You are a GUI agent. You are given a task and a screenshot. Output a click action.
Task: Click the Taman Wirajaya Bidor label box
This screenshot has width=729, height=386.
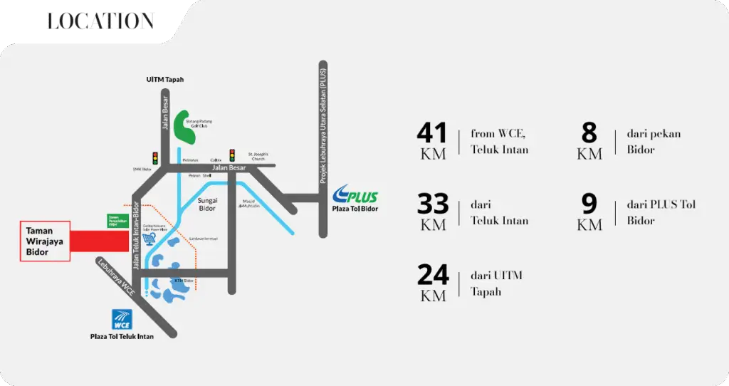tap(45, 241)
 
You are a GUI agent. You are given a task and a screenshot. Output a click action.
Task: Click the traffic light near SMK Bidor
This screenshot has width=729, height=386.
tap(155, 157)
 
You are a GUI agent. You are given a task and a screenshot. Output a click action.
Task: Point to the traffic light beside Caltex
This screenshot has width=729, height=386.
tap(231, 155)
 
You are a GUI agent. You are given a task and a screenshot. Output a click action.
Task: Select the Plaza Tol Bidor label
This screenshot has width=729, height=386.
tap(355, 209)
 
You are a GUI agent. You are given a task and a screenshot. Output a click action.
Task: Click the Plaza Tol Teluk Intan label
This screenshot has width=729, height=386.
tap(122, 336)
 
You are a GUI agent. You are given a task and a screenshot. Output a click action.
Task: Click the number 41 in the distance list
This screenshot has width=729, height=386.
tap(432, 133)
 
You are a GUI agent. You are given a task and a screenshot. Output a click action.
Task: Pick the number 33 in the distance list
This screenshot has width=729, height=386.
tap(432, 204)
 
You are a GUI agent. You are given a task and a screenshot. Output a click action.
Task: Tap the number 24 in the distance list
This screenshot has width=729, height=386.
tap(432, 275)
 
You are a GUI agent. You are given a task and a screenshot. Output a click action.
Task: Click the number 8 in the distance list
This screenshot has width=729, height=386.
tap(589, 133)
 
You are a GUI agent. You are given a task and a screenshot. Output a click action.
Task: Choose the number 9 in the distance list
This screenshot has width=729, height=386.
tap(589, 204)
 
